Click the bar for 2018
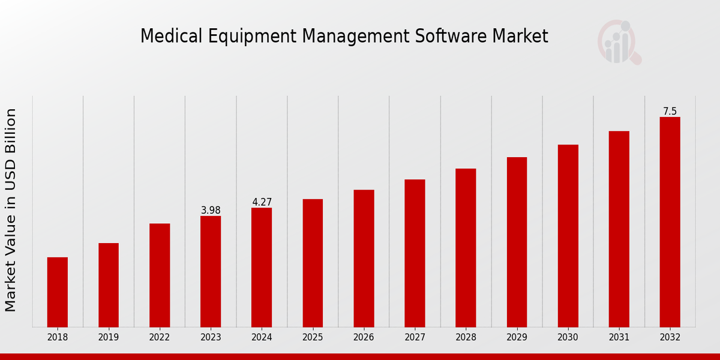point(58,292)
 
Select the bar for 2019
point(109,285)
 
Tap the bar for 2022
point(160,275)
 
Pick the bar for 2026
point(364,259)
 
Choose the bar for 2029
point(517,242)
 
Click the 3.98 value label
point(211,210)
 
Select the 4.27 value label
point(262,202)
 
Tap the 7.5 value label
point(670,112)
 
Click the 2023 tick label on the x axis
point(211,338)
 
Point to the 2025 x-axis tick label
point(313,338)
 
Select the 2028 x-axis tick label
point(466,338)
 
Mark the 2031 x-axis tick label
point(619,338)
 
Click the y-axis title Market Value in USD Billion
point(11,210)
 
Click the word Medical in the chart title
point(167,37)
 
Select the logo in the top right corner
point(619,42)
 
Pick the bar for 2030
point(568,236)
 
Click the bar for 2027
point(415,253)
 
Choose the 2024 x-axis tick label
point(262,338)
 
